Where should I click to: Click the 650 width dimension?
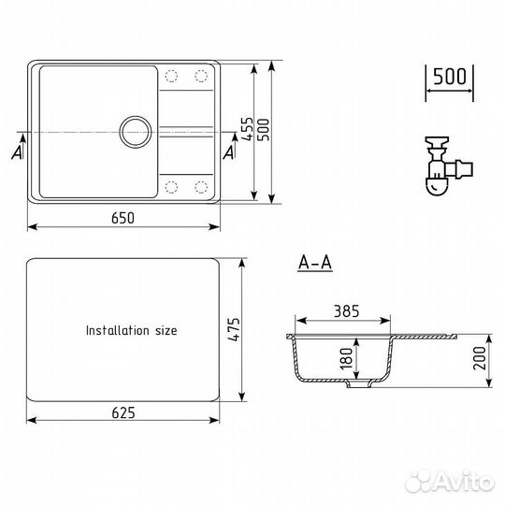point(123,218)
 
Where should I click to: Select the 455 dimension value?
point(247,129)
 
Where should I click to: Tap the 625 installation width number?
point(123,412)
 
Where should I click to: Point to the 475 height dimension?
point(234,329)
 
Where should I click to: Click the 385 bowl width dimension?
point(346,311)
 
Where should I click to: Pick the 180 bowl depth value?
point(346,358)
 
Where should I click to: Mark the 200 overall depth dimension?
point(480,358)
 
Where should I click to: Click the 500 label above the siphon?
point(450,77)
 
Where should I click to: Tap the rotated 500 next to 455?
point(264,130)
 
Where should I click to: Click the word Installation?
point(118,330)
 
